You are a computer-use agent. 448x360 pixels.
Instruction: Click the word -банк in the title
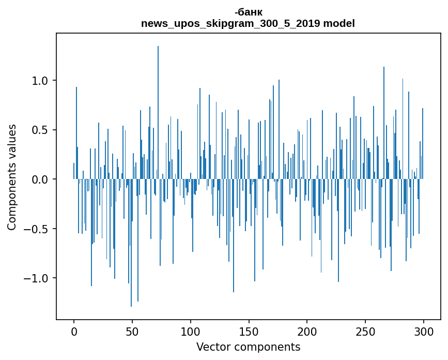pos(248,12)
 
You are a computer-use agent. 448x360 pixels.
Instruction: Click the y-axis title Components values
pos(12,177)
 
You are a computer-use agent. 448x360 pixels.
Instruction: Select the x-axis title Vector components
pos(248,347)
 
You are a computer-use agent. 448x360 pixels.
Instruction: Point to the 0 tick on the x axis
pos(74,331)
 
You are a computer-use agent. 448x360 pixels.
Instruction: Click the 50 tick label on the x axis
pos(132,331)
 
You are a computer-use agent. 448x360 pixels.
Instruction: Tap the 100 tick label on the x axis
pos(191,331)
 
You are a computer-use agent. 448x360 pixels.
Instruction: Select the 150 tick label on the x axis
pos(249,331)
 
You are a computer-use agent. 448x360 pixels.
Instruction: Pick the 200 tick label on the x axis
pos(307,331)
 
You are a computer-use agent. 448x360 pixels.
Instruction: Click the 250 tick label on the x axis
pos(365,331)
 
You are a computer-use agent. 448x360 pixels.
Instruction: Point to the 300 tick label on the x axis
pos(424,331)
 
